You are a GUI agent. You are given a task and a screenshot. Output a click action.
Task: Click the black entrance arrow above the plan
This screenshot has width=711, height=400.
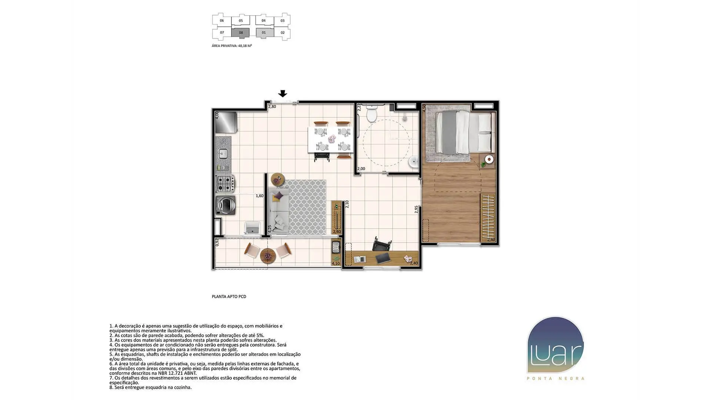[283, 94]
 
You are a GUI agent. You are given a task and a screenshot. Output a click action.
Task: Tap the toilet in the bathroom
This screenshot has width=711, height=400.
[371, 113]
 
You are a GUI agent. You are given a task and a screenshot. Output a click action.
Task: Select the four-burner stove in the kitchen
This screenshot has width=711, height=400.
[225, 183]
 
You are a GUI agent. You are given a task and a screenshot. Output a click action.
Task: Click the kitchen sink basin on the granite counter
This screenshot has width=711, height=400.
[223, 153]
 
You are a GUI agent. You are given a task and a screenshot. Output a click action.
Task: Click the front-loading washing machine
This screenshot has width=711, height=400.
[226, 205]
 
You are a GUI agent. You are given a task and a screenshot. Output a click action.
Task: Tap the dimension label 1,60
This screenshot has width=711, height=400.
[260, 196]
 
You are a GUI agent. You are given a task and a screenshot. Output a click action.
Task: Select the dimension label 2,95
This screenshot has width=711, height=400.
[416, 209]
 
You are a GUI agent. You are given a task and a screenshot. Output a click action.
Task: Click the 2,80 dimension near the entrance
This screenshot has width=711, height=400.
[272, 107]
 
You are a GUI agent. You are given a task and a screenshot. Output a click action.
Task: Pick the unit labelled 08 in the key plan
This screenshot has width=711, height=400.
[241, 33]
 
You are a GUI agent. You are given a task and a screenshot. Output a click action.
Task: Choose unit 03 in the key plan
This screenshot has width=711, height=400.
[283, 21]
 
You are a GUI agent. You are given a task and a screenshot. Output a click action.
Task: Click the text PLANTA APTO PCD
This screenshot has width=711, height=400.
[229, 297]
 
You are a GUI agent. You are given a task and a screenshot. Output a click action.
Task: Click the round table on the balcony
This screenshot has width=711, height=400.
[268, 255]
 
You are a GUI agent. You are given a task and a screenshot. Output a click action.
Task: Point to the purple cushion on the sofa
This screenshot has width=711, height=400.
[279, 195]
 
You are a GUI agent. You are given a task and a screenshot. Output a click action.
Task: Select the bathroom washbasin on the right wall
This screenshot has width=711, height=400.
[414, 162]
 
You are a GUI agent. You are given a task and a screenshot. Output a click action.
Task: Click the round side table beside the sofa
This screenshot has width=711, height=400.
[278, 180]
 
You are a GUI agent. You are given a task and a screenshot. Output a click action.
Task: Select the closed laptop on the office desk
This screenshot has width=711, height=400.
[383, 258]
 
